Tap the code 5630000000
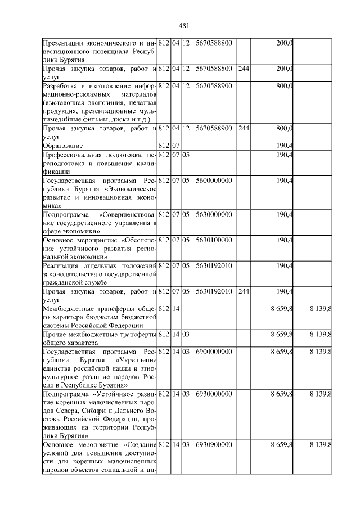[x=214, y=214]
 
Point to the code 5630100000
[x=214, y=240]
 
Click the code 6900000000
[x=214, y=351]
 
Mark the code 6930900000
[x=214, y=445]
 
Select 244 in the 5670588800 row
[x=244, y=69]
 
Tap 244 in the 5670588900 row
[x=244, y=128]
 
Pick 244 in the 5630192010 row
[x=244, y=291]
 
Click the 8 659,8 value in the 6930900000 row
[x=281, y=445]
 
